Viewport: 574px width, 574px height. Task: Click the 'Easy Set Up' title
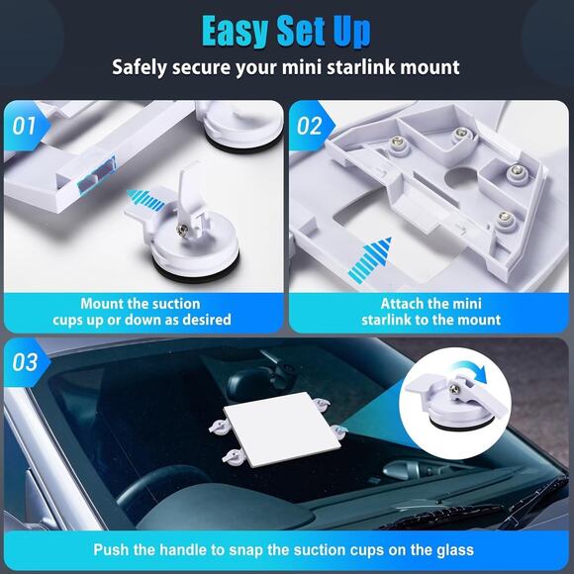tap(286, 31)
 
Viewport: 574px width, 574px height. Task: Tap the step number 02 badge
tap(310, 127)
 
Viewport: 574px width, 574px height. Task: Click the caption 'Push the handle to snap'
tap(284, 549)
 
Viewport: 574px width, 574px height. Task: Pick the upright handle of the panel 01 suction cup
tap(191, 193)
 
